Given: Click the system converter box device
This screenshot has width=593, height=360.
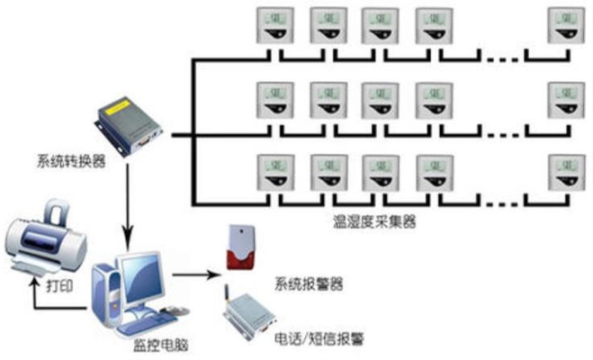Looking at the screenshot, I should pyautogui.click(x=130, y=126).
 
